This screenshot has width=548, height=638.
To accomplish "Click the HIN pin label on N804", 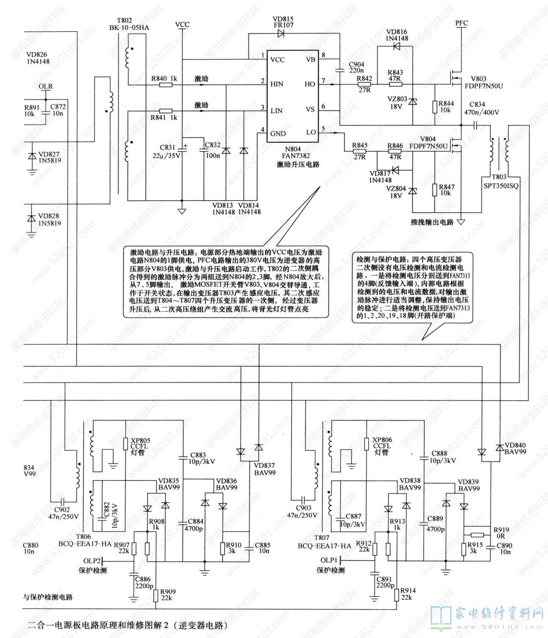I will pos(277,84).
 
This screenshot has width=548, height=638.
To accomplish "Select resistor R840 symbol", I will pos(166,85).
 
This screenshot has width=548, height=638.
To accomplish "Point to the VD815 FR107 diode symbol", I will pos(281,34).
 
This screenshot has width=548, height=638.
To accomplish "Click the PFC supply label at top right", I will pos(462,23).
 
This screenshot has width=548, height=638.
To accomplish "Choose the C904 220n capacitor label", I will pos(356,68).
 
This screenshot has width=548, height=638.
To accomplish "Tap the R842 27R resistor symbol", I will pos(364,85).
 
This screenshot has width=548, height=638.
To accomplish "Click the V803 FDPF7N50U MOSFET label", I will pos(487,83).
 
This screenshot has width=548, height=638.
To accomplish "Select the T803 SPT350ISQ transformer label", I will pos(501,181).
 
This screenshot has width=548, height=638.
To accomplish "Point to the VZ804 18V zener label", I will pos(396,192).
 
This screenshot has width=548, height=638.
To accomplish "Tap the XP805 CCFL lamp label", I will pos(141,446).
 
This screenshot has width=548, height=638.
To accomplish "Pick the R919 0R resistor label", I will pos(501,533).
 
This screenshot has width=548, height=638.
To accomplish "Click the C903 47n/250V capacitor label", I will pos(302,511).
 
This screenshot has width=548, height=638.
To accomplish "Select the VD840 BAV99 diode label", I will pos(515,448).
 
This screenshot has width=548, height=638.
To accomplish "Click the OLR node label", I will pos(46,86).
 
